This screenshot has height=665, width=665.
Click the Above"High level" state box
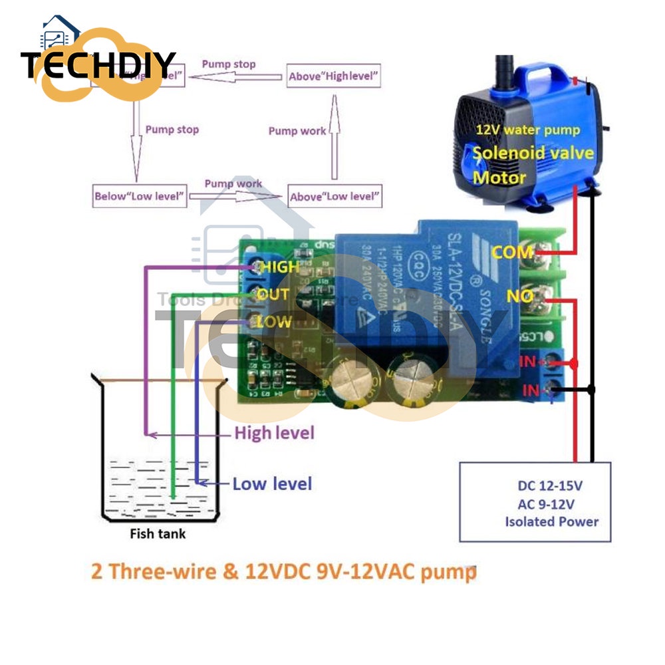point(334,76)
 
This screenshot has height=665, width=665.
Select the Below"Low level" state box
point(140,196)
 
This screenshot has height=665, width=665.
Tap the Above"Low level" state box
point(335,196)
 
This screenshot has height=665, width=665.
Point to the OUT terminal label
point(273,294)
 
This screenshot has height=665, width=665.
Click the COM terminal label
point(512,252)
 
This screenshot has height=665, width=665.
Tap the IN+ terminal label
point(531,362)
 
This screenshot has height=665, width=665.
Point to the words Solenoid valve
point(533,154)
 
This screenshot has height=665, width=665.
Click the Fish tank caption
point(158,533)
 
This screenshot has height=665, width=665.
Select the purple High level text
point(274,434)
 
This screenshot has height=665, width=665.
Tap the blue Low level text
point(272,483)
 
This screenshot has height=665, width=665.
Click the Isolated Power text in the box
point(551,521)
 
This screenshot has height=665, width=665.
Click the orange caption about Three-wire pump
point(284,571)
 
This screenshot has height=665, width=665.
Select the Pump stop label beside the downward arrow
point(172,129)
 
